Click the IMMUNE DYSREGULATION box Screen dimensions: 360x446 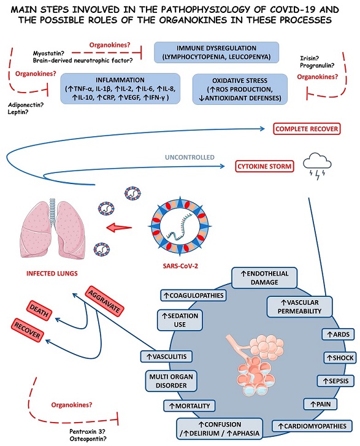(216, 52)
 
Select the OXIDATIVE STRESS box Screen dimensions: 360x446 (240, 90)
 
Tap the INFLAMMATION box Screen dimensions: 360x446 (120, 88)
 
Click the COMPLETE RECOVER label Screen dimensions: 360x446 (307, 129)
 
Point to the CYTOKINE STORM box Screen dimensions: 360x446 (264, 166)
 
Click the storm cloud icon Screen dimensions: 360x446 (317, 166)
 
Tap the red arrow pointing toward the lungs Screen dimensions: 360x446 (119, 228)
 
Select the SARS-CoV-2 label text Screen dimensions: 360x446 (180, 266)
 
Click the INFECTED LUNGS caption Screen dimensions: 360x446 (52, 274)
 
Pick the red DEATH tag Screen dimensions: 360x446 (39, 310)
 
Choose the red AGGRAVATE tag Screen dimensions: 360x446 (104, 301)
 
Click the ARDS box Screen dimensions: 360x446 (338, 334)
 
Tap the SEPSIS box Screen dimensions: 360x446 (336, 381)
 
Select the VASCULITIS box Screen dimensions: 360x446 (166, 356)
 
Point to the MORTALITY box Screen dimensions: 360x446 (190, 406)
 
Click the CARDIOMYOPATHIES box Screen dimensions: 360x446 (312, 426)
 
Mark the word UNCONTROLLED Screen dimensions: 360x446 (190, 157)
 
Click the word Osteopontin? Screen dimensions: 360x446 (88, 439)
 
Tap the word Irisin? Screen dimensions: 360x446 (309, 58)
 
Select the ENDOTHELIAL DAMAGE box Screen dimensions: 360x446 (264, 278)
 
